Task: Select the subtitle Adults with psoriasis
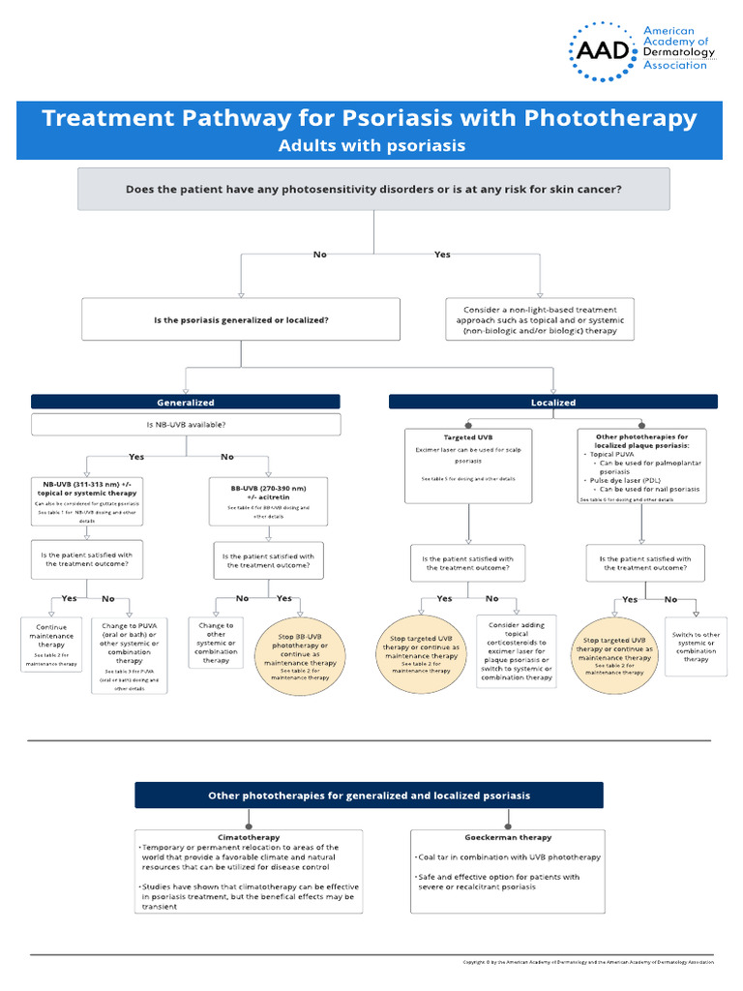371,146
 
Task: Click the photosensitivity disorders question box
373,189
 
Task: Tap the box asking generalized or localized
241,319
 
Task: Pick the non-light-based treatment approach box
540,319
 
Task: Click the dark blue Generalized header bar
186,402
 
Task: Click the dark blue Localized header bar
553,402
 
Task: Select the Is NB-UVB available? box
186,424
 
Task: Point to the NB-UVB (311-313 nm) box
88,499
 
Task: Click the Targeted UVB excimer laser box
467,465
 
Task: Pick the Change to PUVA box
129,656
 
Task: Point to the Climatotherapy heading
249,837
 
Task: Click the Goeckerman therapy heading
522,837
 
